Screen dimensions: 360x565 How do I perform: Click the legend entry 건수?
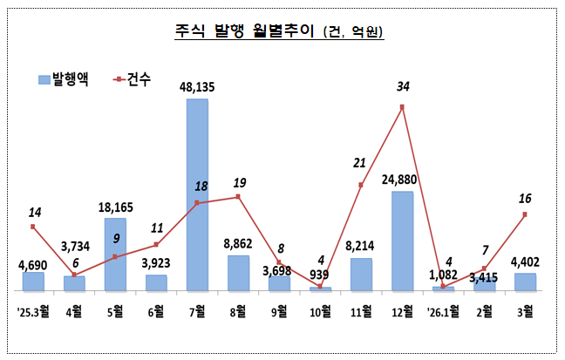tap(132, 79)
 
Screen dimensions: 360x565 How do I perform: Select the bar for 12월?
tap(402, 241)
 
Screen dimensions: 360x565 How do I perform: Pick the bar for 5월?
tap(115, 254)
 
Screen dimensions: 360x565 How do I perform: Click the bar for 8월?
tap(238, 272)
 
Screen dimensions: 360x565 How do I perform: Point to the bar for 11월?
tap(361, 274)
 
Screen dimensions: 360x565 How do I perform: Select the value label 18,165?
tap(115, 207)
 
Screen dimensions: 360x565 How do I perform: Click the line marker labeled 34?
tap(402, 107)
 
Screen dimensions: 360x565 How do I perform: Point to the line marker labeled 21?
tap(361, 185)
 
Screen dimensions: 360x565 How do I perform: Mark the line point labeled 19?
tap(238, 197)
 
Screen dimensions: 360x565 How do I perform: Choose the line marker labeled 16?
tap(525, 215)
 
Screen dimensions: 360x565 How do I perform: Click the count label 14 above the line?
tap(33, 212)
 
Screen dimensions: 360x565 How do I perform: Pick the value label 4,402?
tap(525, 260)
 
